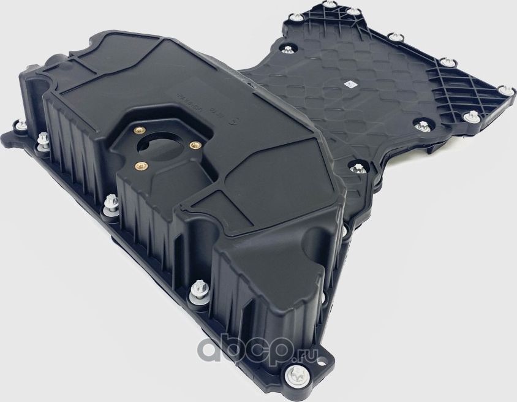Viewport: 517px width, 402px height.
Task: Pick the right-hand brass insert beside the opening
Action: pos(195,145)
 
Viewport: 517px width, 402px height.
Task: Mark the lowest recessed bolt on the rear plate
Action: pos(354,166)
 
